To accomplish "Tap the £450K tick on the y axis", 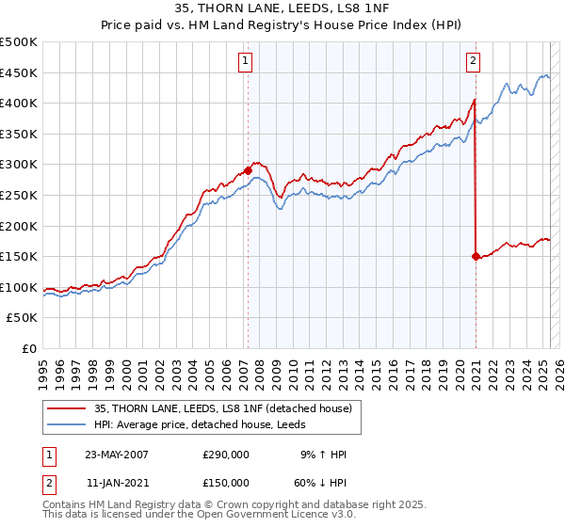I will [x=19, y=72].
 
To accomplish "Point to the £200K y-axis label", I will [x=19, y=226].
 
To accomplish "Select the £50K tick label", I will [x=23, y=318].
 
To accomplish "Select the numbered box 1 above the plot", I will [x=245, y=61].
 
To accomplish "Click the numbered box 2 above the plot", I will [x=473, y=61].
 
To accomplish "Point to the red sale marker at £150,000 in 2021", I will [x=476, y=255].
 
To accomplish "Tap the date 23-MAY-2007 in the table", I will [x=117, y=455].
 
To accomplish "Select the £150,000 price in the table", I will [x=225, y=483].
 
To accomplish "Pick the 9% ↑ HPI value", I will [x=319, y=455].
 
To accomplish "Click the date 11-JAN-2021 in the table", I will [x=117, y=483].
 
